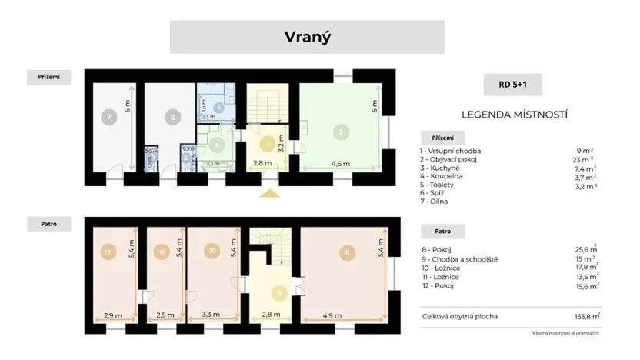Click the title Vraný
[x=307, y=37]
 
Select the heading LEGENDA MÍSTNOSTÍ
[x=514, y=115]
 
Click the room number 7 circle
[x=110, y=118]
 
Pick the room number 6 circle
[x=173, y=118]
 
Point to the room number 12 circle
[x=108, y=251]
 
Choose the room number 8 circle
[x=348, y=251]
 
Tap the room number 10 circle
[x=213, y=251]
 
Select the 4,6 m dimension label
[x=341, y=164]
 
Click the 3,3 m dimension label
[x=210, y=315]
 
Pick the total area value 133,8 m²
[x=586, y=316]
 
